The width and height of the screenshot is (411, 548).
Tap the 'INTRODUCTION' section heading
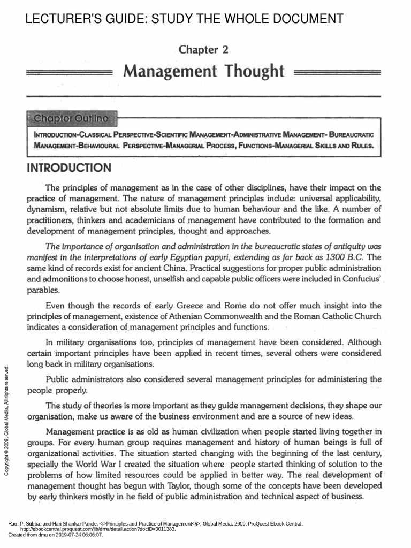(70, 168)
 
